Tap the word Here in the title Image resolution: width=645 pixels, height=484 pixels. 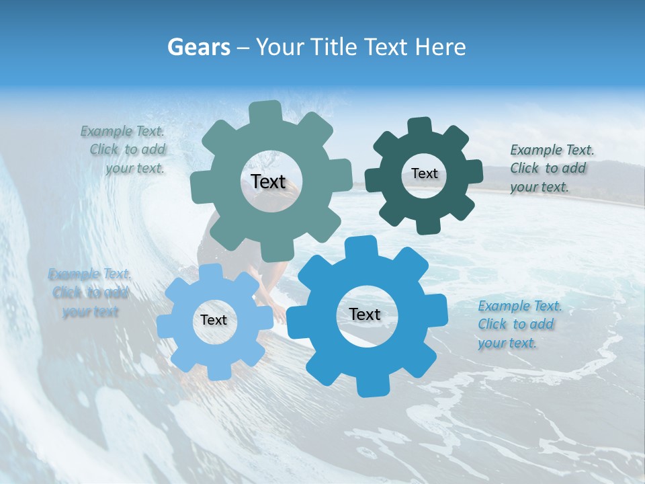point(441,47)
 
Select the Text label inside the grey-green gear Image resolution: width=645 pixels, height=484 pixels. point(268,182)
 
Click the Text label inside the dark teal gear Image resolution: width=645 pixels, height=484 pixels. point(424,173)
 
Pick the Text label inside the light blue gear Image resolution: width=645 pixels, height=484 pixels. point(214,320)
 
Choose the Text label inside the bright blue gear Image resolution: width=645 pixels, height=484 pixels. point(365,315)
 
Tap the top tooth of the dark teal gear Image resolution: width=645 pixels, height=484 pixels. point(419,126)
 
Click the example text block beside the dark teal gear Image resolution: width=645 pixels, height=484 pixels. point(551,168)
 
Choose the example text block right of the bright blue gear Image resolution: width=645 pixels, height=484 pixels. point(519,324)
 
